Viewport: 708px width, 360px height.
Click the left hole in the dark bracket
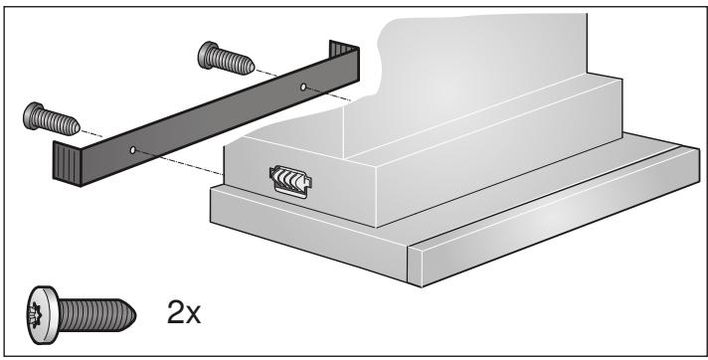click(x=132, y=150)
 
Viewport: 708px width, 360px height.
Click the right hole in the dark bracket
click(x=303, y=88)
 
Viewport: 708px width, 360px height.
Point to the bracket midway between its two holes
click(x=218, y=118)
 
